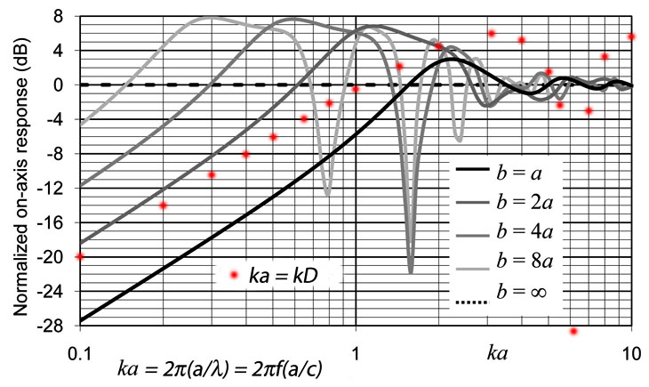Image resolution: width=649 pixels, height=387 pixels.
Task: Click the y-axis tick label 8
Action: click(x=62, y=16)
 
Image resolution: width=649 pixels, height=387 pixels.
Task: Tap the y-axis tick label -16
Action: click(x=57, y=222)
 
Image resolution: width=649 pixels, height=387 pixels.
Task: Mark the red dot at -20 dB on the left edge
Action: click(x=80, y=256)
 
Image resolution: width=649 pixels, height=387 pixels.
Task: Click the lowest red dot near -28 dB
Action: click(x=573, y=331)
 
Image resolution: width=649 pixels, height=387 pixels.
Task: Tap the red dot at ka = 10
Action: click(x=631, y=36)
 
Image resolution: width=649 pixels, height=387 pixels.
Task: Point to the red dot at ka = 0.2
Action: click(x=163, y=206)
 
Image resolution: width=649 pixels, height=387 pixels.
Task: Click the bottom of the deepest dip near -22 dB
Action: click(x=410, y=270)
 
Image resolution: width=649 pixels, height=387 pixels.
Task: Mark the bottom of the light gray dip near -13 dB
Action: click(x=328, y=193)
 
